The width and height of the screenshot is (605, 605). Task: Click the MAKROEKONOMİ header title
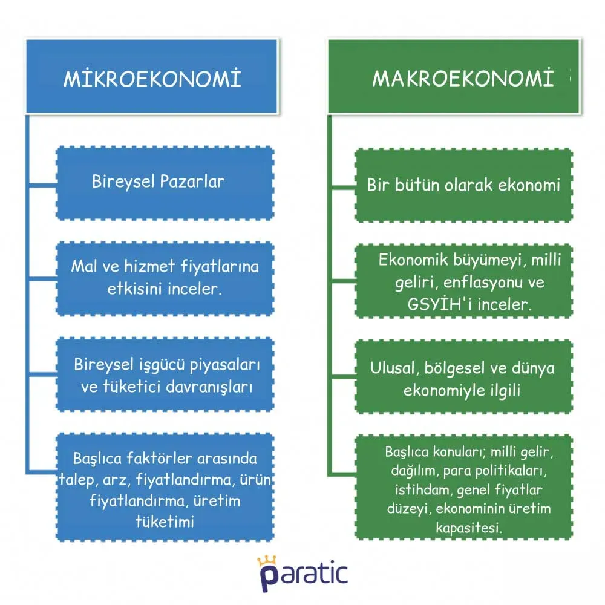pyautogui.click(x=463, y=79)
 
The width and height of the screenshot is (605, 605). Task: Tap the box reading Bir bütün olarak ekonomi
pyautogui.click(x=463, y=185)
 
